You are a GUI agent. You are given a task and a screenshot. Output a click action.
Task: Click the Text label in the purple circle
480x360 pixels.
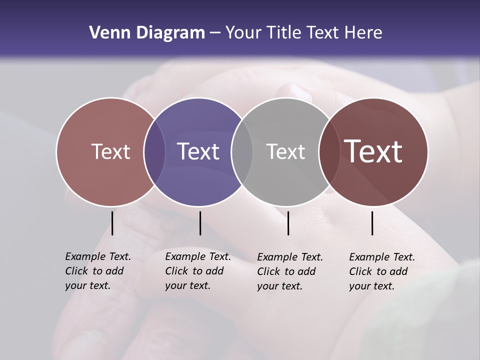tap(198, 151)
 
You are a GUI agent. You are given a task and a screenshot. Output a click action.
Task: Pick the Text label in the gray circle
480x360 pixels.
tap(285, 151)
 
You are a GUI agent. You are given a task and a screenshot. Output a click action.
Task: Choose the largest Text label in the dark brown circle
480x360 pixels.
tap(373, 151)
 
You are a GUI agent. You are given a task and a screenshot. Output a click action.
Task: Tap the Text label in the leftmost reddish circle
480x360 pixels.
tap(110, 151)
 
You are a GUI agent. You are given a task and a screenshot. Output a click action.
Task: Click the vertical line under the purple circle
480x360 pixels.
tap(200, 223)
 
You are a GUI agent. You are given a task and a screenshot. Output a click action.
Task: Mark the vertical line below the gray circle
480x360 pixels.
tap(288, 223)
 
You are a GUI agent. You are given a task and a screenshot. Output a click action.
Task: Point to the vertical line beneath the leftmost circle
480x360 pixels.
tap(112, 223)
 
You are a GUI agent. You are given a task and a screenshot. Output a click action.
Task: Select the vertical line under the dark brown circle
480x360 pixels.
tap(372, 223)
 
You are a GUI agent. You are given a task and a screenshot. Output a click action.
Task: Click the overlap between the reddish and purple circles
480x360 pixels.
tap(154, 151)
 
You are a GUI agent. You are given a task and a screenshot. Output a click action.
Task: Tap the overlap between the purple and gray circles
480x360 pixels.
tap(242, 151)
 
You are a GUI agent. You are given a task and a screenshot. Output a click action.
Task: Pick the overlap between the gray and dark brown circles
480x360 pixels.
tap(328, 151)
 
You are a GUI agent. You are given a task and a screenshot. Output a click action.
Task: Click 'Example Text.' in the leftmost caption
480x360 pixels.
tap(98, 256)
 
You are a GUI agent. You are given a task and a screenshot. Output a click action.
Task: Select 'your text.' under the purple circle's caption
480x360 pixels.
tap(187, 285)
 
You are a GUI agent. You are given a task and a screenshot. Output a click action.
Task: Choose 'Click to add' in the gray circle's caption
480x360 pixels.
tap(286, 271)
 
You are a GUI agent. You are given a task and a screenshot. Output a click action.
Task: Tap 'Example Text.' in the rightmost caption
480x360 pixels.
tap(382, 257)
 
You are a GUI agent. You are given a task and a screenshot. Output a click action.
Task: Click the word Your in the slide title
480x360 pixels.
tap(244, 33)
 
